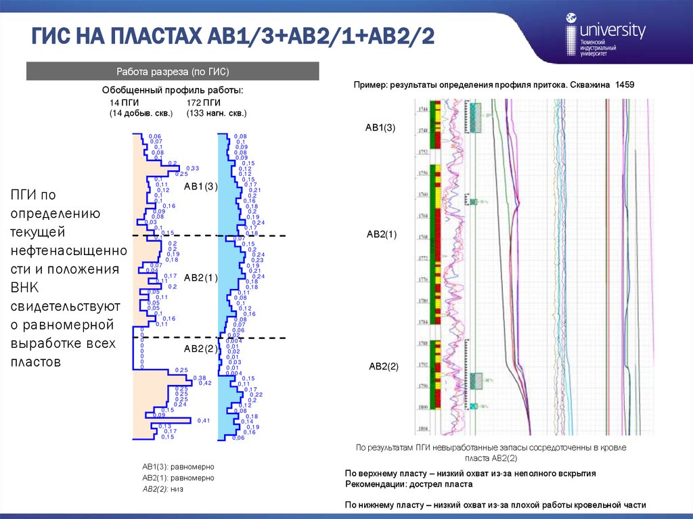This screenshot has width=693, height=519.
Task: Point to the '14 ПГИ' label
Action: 125,102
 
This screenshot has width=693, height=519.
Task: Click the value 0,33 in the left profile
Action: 192,168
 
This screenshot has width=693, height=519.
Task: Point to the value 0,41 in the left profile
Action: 203,421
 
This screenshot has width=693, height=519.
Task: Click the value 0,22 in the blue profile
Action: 257,394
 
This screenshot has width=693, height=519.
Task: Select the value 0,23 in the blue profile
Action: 257,260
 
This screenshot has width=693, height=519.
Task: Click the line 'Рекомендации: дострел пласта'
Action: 409,484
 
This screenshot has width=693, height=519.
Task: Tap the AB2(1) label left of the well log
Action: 382,234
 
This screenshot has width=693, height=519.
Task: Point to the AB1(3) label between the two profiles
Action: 201,187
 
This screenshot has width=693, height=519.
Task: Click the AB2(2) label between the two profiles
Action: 201,348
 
